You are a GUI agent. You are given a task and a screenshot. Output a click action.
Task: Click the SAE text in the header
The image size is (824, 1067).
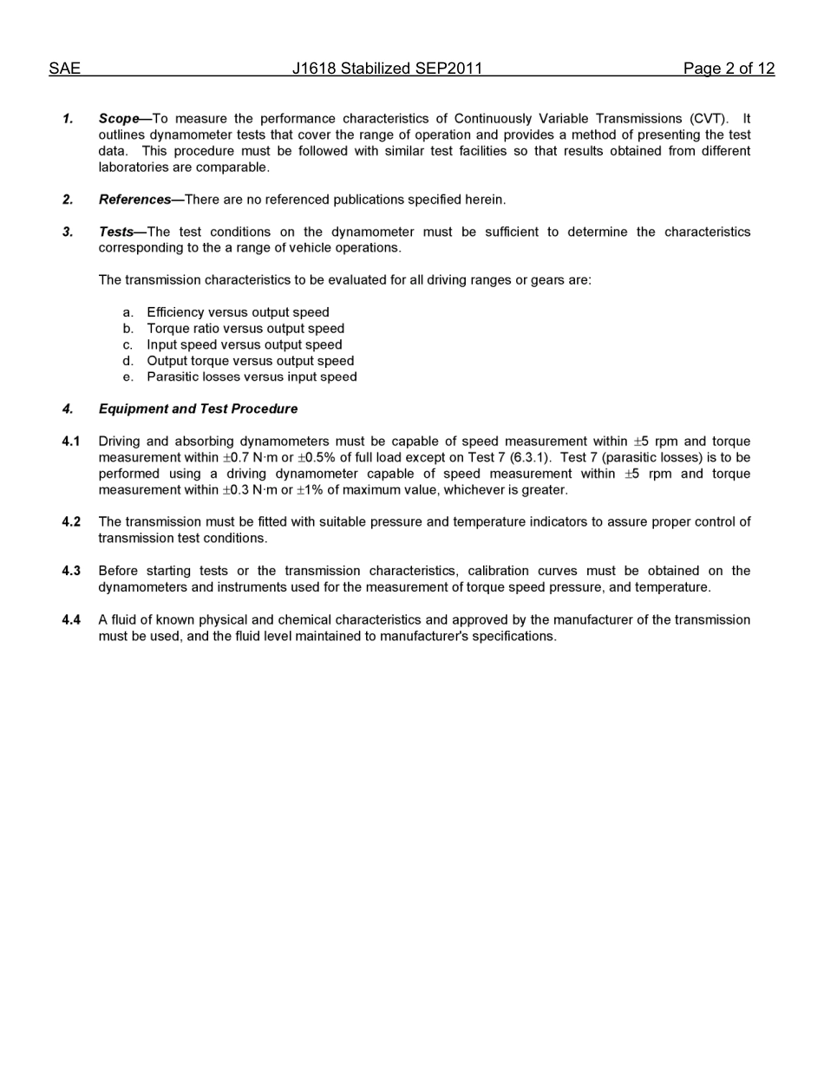pos(64,69)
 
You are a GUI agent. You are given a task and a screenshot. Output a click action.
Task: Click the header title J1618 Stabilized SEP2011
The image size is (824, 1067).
pos(387,69)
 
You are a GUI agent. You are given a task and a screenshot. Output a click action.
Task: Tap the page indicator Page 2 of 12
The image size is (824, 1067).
pos(729,69)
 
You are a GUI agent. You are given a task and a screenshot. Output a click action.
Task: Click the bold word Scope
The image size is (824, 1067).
pos(119,119)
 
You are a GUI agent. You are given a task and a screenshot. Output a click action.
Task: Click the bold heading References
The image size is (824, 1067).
pos(134,200)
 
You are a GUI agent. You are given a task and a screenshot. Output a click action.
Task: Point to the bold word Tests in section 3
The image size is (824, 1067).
pos(116,232)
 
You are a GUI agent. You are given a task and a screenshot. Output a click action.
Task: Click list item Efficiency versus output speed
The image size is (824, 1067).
pos(238,312)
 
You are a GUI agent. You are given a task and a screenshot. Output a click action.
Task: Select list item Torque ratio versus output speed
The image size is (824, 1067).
pos(245,329)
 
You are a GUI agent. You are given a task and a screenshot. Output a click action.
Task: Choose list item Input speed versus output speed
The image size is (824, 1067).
pos(244,344)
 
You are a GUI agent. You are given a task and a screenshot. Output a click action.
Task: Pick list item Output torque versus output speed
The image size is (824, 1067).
pos(250,361)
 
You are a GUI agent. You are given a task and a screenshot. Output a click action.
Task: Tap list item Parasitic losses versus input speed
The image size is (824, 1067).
pos(252,376)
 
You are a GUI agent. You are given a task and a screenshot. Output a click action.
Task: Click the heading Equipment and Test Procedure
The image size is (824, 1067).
pos(198,409)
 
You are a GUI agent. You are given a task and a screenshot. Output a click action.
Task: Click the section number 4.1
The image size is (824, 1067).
pos(71,442)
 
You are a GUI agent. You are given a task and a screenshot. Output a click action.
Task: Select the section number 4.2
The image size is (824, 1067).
pos(71,522)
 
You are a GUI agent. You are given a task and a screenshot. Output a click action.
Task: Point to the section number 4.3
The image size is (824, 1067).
pos(71,571)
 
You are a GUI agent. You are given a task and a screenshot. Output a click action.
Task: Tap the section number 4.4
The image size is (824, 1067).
pos(71,619)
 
